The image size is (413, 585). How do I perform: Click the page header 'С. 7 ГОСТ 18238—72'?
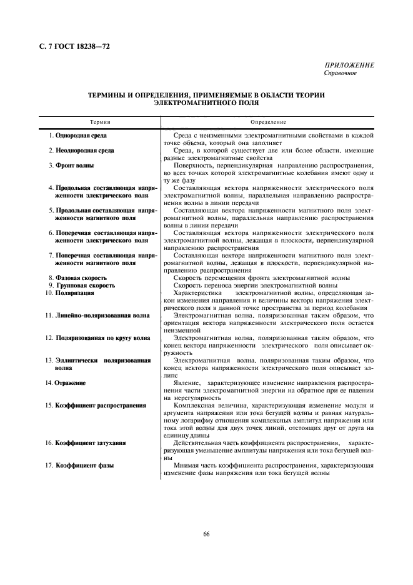(x=69, y=46)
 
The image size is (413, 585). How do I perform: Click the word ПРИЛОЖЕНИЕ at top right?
(x=349, y=66)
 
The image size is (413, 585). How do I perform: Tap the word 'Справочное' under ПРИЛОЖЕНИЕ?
(x=341, y=73)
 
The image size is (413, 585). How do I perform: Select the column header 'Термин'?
(x=100, y=122)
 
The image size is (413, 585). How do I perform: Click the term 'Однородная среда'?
(x=81, y=135)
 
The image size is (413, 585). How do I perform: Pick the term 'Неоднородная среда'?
(x=85, y=151)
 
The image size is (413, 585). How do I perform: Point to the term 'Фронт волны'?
(x=75, y=166)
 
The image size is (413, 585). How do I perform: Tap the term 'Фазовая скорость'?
(x=81, y=277)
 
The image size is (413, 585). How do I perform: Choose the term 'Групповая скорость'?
(x=84, y=285)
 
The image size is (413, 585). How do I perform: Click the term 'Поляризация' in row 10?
(x=75, y=292)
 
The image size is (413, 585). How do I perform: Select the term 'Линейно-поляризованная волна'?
(x=102, y=316)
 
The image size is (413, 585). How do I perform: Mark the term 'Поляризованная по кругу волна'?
(x=102, y=338)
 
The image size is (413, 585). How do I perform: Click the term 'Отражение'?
(x=70, y=382)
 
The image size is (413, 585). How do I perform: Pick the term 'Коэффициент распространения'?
(x=101, y=405)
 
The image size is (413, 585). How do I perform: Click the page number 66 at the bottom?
(x=206, y=532)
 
